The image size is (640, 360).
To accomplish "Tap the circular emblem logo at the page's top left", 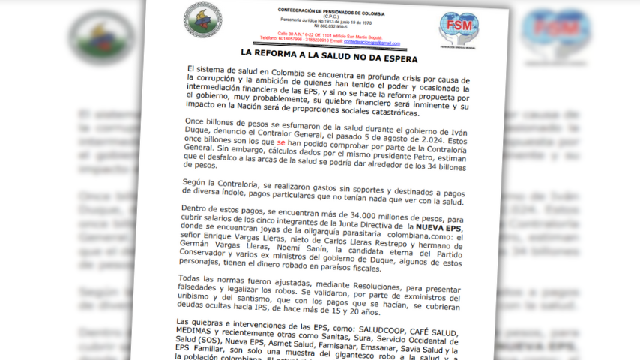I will tap(202, 19).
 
